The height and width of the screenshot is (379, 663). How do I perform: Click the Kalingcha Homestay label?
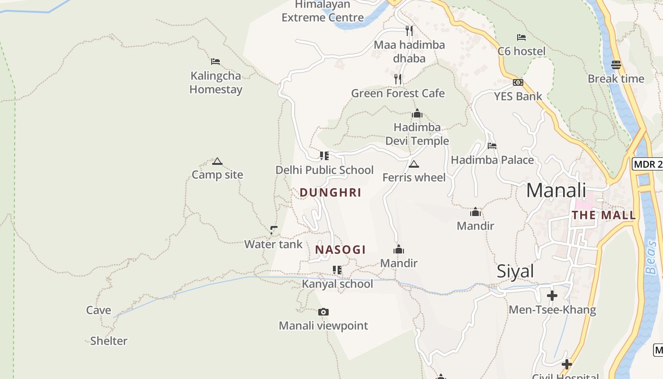pyautogui.click(x=216, y=82)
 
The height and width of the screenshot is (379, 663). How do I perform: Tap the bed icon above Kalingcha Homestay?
pyautogui.click(x=215, y=61)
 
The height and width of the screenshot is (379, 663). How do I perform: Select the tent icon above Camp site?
pyautogui.click(x=217, y=161)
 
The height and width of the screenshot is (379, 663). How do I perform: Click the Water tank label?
pyautogui.click(x=273, y=244)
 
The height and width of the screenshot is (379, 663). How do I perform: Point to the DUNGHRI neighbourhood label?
pyautogui.click(x=331, y=192)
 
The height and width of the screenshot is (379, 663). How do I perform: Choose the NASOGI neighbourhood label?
pyautogui.click(x=340, y=250)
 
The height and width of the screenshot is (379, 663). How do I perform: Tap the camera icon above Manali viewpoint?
pyautogui.click(x=323, y=312)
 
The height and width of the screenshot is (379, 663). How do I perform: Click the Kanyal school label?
pyautogui.click(x=338, y=284)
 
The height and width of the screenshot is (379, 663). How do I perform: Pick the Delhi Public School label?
pyautogui.click(x=324, y=170)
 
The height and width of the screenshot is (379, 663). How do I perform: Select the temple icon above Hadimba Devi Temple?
pyautogui.click(x=417, y=113)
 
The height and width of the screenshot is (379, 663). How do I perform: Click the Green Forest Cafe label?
pyautogui.click(x=398, y=93)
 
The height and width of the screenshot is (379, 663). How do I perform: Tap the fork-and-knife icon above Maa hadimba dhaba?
pyautogui.click(x=409, y=31)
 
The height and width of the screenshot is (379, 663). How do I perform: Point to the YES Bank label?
pyautogui.click(x=518, y=96)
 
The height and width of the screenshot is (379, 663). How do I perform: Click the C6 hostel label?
pyautogui.click(x=521, y=51)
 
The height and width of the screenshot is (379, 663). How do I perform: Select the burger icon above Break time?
pyautogui.click(x=616, y=64)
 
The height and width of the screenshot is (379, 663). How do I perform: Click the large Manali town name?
pyautogui.click(x=556, y=190)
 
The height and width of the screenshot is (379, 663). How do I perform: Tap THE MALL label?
pyautogui.click(x=604, y=215)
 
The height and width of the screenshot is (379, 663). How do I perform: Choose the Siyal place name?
pyautogui.click(x=515, y=271)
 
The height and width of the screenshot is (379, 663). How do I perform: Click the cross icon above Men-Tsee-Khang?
pyautogui.click(x=552, y=296)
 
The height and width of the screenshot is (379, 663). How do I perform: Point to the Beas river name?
pyautogui.click(x=651, y=258)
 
